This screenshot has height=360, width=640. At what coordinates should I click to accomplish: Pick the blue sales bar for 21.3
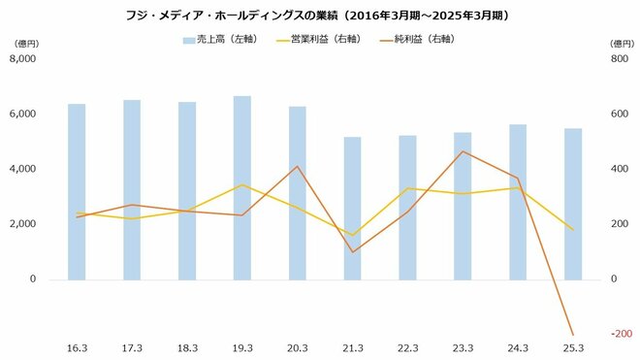[352, 208]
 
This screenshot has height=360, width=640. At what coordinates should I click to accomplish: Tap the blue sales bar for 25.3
[573, 204]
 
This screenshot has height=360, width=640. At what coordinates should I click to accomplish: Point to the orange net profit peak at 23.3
[464, 151]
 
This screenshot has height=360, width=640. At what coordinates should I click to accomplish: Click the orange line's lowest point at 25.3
[573, 335]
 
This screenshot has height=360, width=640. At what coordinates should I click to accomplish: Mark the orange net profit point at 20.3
[298, 167]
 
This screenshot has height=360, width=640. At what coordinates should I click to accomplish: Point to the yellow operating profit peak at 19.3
[242, 184]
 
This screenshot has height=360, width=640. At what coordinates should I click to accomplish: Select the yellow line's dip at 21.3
[352, 235]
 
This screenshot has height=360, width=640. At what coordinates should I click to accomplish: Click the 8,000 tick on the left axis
[21, 58]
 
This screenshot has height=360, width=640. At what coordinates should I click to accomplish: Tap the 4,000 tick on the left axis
[21, 169]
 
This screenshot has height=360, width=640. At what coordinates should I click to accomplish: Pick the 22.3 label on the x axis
[407, 347]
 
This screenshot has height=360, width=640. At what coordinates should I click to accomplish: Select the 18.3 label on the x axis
[187, 347]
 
